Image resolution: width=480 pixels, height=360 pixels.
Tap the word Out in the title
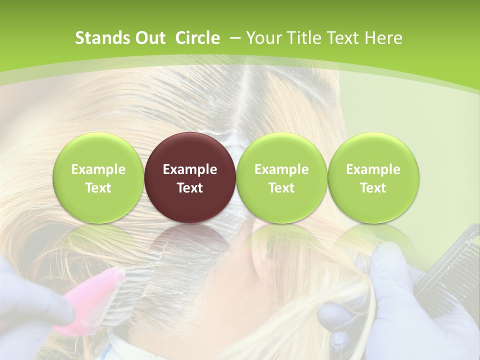(x=148, y=38)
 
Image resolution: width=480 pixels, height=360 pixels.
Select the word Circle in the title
(x=197, y=38)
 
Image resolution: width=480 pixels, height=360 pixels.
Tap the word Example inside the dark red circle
(x=190, y=169)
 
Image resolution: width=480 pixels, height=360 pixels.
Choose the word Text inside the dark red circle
(x=190, y=188)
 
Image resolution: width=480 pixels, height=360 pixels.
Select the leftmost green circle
(x=98, y=177)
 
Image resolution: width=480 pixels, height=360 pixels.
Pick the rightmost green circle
(x=373, y=177)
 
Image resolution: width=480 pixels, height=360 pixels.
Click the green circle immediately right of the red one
(x=281, y=177)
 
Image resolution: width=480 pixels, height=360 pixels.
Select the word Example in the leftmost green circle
(x=98, y=169)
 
